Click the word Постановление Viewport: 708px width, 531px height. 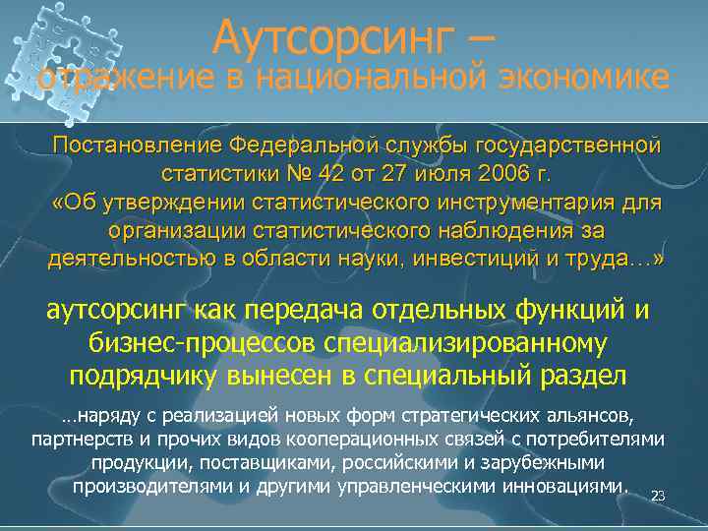click(137, 146)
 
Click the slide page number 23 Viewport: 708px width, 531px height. click(659, 496)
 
